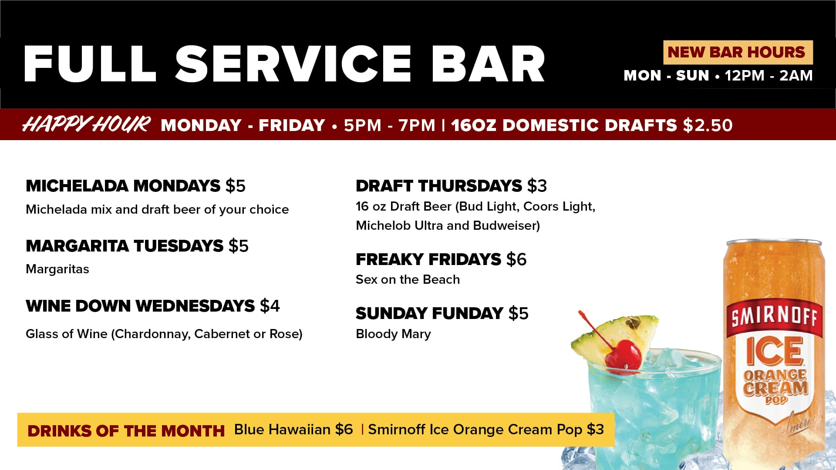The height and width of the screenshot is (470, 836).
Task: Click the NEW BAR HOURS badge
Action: pyautogui.click(x=738, y=52)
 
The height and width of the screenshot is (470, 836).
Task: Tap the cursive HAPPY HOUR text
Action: pyautogui.click(x=87, y=124)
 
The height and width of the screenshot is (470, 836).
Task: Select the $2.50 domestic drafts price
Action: pyautogui.click(x=708, y=125)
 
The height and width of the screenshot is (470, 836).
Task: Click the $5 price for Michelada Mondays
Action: pyautogui.click(x=236, y=186)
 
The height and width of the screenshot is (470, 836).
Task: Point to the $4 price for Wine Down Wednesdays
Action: pyautogui.click(x=270, y=306)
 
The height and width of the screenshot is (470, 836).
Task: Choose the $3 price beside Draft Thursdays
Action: pyautogui.click(x=537, y=186)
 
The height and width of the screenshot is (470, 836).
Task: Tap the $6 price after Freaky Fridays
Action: pyautogui.click(x=516, y=259)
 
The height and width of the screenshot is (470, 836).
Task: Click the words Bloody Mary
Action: pyautogui.click(x=393, y=334)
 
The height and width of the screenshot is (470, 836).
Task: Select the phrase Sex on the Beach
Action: pyautogui.click(x=408, y=279)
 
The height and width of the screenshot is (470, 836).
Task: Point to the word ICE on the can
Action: pyautogui.click(x=775, y=351)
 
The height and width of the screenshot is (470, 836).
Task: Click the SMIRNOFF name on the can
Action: pyautogui.click(x=775, y=316)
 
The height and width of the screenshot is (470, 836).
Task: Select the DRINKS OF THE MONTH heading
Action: pyautogui.click(x=126, y=431)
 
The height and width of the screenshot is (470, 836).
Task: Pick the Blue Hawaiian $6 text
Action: pyautogui.click(x=293, y=430)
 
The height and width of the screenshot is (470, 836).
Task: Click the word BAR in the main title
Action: pyautogui.click(x=488, y=64)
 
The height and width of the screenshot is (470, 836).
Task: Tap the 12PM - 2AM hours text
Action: pyautogui.click(x=769, y=76)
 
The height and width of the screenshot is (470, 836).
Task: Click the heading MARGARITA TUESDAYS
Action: pyautogui.click(x=125, y=246)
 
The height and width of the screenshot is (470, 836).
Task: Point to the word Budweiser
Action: pyautogui.click(x=506, y=225)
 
